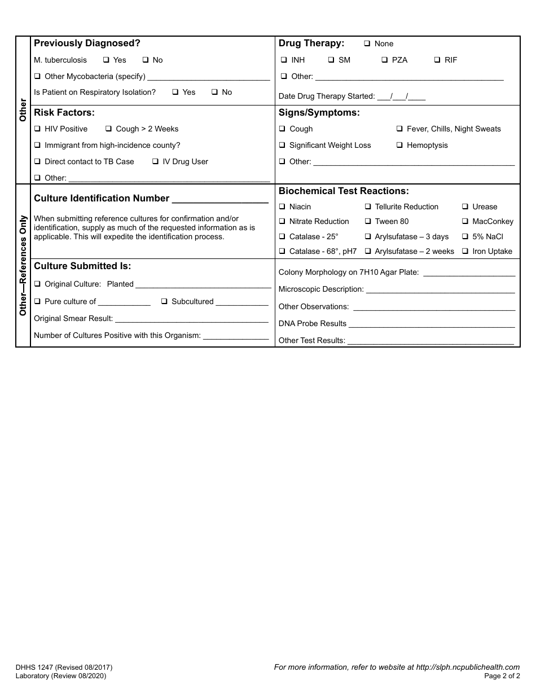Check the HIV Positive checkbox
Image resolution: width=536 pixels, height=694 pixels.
[x=37, y=129]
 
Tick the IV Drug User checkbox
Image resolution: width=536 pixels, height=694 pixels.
[x=155, y=162]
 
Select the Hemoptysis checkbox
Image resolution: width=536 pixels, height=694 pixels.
[x=399, y=146]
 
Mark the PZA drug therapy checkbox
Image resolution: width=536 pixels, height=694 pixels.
[x=384, y=60]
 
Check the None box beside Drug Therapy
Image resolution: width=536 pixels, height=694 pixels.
[x=367, y=44]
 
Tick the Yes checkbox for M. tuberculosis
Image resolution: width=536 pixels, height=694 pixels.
[x=106, y=60]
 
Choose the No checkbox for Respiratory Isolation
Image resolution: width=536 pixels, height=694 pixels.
[x=214, y=93]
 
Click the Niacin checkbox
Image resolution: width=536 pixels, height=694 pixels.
[x=282, y=207]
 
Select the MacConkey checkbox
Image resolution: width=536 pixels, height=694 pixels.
[x=465, y=222]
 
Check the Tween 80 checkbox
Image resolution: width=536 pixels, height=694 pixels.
[x=368, y=222]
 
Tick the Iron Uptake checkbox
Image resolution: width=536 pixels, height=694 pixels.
[x=465, y=252]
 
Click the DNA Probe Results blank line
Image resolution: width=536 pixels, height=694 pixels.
[x=432, y=324]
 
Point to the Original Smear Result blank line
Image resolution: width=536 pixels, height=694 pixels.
[x=192, y=319]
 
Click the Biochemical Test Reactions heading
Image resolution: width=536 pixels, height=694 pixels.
[x=344, y=191]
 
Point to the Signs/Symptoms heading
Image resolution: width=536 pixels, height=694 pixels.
[x=319, y=113]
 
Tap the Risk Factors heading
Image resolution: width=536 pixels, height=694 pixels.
[x=64, y=113]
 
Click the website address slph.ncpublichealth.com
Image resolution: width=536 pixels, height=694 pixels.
[x=468, y=667]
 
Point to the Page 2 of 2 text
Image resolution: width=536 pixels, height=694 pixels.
[x=502, y=676]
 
